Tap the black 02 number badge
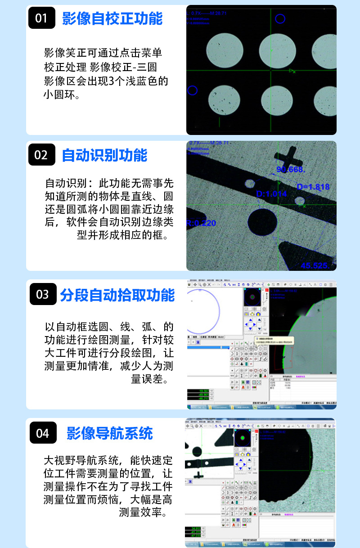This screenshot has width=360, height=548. pyautogui.click(x=41, y=155)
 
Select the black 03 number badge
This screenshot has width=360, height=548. pyautogui.click(x=42, y=295)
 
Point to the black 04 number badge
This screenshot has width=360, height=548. pyautogui.click(x=42, y=433)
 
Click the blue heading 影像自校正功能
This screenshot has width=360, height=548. pyautogui.click(x=112, y=18)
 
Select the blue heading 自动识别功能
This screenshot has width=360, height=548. pyautogui.click(x=104, y=155)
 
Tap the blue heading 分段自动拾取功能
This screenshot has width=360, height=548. pyautogui.click(x=117, y=295)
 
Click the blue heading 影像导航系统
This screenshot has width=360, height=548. pyautogui.click(x=110, y=433)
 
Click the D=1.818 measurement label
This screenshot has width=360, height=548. pyautogui.click(x=313, y=187)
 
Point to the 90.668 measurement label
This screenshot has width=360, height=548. pyautogui.click(x=291, y=170)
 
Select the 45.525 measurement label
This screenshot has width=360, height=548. pyautogui.click(x=315, y=265)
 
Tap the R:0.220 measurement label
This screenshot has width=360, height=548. pyautogui.click(x=201, y=223)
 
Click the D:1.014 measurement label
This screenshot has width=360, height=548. pyautogui.click(x=271, y=194)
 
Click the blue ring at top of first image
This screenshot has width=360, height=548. pyautogui.click(x=280, y=19)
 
